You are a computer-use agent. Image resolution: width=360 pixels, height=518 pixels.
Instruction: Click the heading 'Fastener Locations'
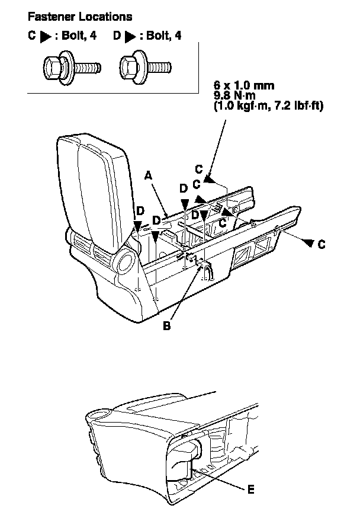[72, 17]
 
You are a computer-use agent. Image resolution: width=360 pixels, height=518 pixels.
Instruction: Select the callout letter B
[167, 325]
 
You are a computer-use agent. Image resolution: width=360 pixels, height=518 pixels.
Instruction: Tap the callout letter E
[252, 490]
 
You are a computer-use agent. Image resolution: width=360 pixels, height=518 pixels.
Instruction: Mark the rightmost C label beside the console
[322, 243]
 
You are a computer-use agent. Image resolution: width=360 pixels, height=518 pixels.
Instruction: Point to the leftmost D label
[140, 211]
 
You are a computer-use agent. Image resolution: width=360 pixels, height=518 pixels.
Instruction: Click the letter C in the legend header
[32, 36]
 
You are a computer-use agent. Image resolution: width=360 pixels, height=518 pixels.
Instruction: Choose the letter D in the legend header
[116, 36]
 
